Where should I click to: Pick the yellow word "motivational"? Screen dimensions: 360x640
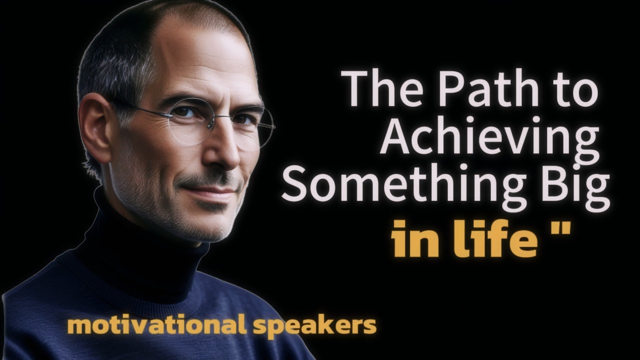pyautogui.click(x=155, y=326)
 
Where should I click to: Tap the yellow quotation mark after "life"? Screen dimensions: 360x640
pyautogui.click(x=563, y=231)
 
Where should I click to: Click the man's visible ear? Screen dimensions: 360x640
pyautogui.click(x=95, y=130)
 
